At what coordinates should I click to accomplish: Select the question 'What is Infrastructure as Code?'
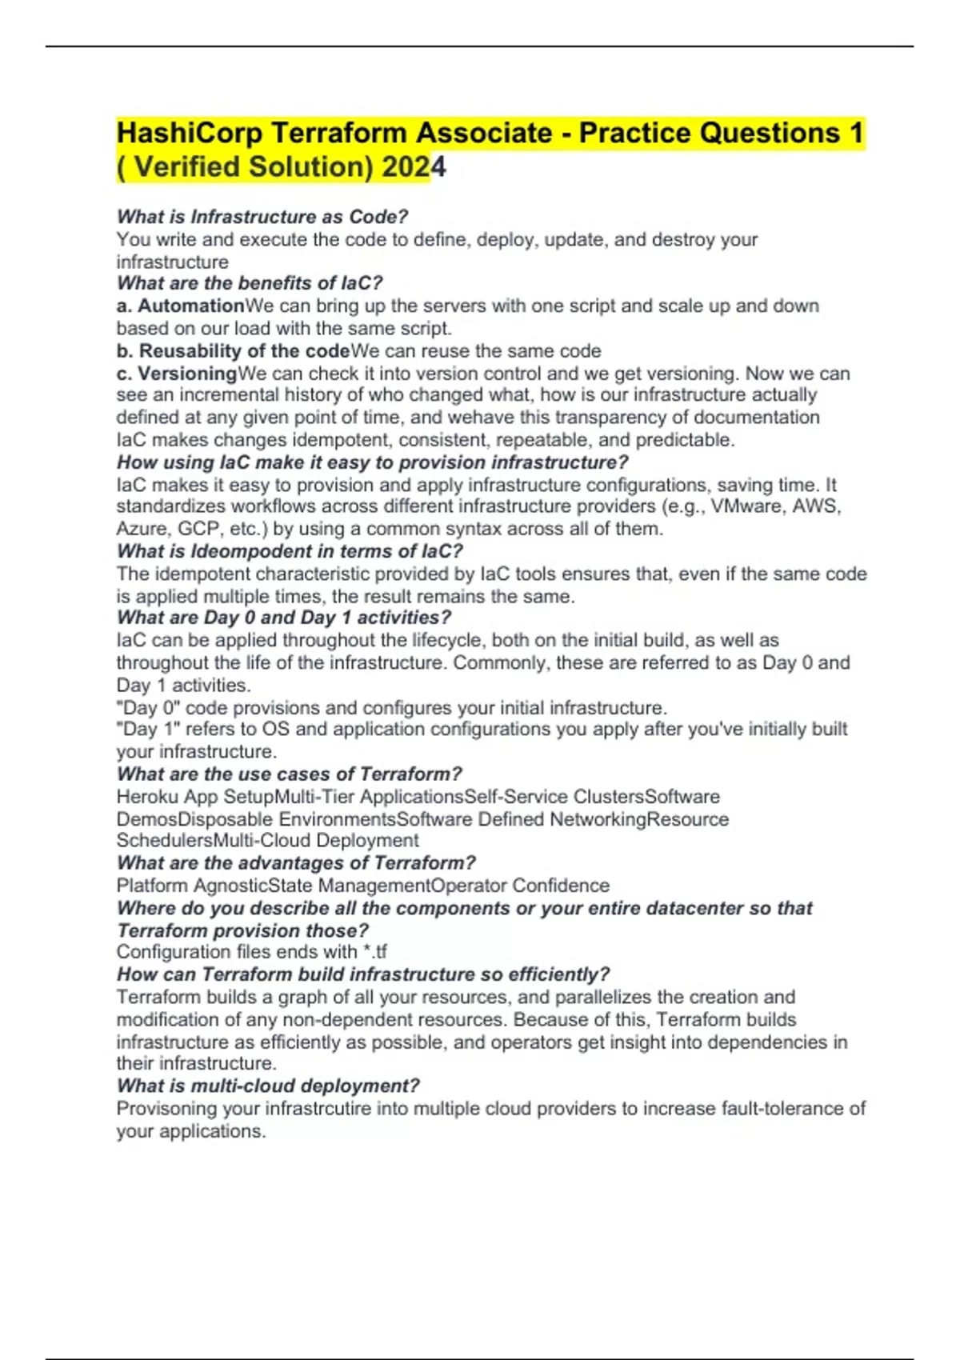(x=262, y=217)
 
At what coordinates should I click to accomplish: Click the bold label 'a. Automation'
(x=180, y=306)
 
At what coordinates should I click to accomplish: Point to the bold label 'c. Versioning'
(x=177, y=374)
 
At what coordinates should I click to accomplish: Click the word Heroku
(x=147, y=797)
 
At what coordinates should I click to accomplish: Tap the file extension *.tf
(x=375, y=952)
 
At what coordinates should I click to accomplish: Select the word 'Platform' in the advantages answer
(x=152, y=886)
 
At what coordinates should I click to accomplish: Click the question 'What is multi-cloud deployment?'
(x=268, y=1086)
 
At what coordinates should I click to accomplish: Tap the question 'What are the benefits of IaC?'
(x=250, y=283)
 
